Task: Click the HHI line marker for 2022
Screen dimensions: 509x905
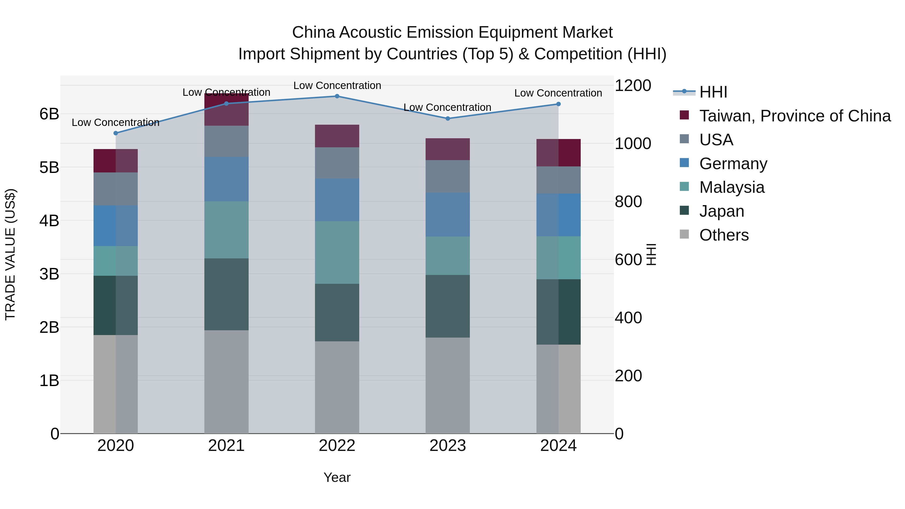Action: click(x=337, y=96)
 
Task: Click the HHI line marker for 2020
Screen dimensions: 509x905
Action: click(x=116, y=133)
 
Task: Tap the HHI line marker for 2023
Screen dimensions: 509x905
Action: click(x=447, y=119)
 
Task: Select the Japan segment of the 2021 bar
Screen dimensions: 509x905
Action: click(x=226, y=294)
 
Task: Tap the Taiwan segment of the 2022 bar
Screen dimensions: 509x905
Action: click(x=337, y=136)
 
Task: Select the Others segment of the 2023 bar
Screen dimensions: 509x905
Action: click(x=447, y=385)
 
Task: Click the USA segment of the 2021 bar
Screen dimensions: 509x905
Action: click(x=226, y=141)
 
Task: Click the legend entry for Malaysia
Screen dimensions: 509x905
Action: click(x=732, y=187)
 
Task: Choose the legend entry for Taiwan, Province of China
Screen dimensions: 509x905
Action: click(x=795, y=116)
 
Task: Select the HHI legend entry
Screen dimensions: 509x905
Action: click(x=713, y=92)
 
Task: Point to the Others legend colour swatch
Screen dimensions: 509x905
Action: click(x=684, y=234)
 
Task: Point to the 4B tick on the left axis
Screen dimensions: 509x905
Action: click(x=49, y=221)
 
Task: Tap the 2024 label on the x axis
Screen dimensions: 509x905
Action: click(x=558, y=446)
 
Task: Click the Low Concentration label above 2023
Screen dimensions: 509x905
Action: click(x=447, y=108)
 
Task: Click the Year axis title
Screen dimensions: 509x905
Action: click(x=337, y=477)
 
